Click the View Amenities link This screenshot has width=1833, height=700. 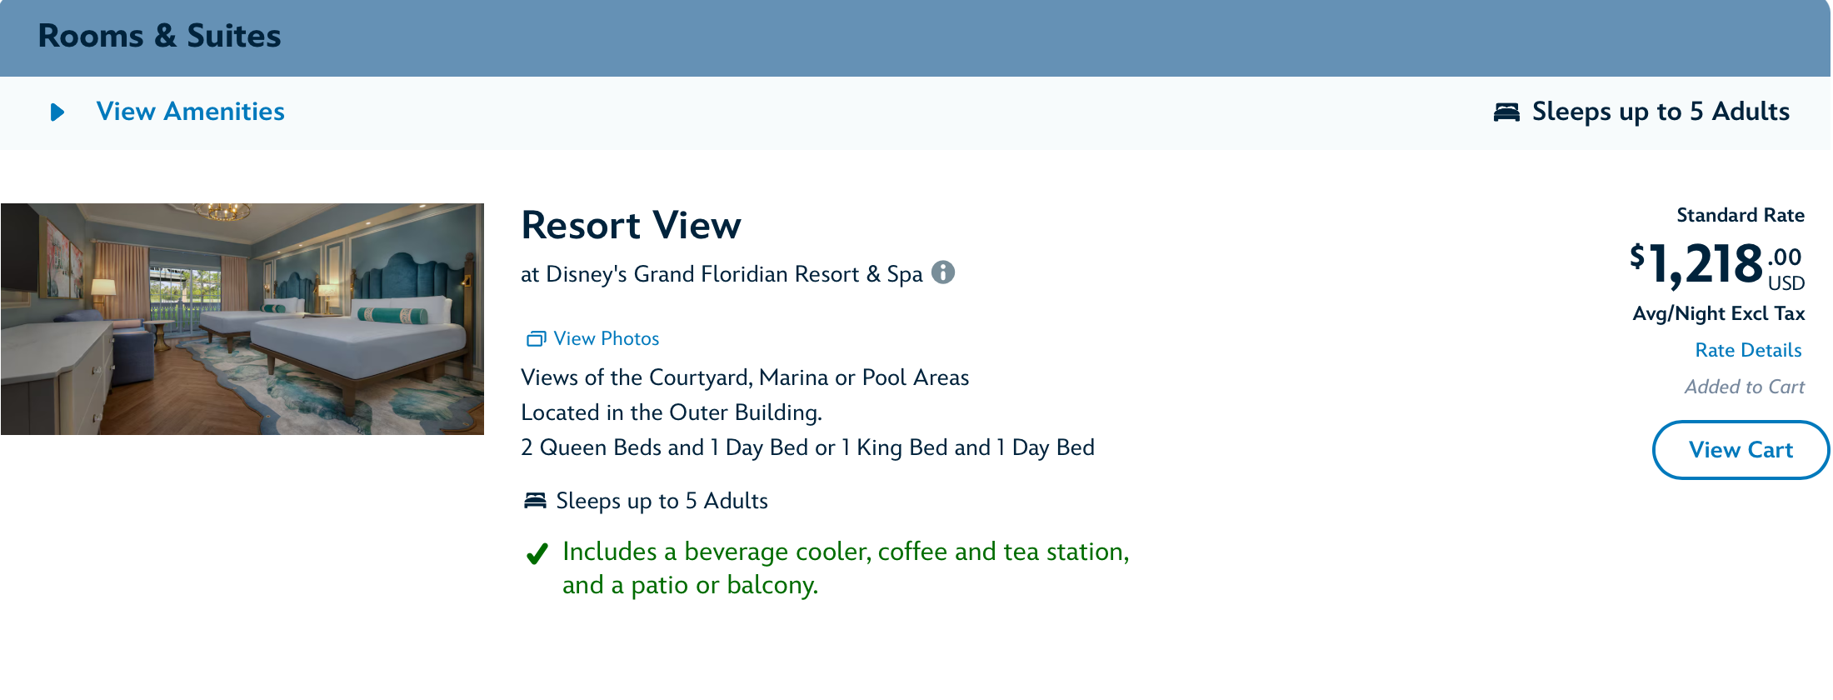click(x=190, y=112)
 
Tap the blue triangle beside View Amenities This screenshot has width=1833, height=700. click(x=57, y=112)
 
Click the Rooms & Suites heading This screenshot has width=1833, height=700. click(x=159, y=36)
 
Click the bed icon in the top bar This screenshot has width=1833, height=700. click(x=1506, y=112)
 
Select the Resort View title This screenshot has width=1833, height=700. click(x=631, y=225)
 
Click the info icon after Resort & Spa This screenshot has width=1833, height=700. click(x=943, y=272)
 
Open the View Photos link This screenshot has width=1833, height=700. click(x=606, y=338)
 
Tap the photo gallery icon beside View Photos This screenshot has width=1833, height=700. click(x=536, y=338)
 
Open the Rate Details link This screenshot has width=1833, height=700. click(x=1748, y=350)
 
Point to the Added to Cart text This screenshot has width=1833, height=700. click(x=1744, y=387)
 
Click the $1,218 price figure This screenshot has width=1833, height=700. click(x=1696, y=264)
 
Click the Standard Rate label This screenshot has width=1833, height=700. click(x=1741, y=215)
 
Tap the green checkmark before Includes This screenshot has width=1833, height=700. click(x=537, y=553)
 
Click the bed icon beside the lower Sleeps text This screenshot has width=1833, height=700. click(x=535, y=500)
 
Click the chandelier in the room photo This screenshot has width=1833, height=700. click(x=223, y=212)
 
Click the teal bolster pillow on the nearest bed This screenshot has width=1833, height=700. click(x=392, y=315)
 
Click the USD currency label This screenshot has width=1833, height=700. click(x=1786, y=283)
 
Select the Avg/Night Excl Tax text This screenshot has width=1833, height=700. click(x=1719, y=313)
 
